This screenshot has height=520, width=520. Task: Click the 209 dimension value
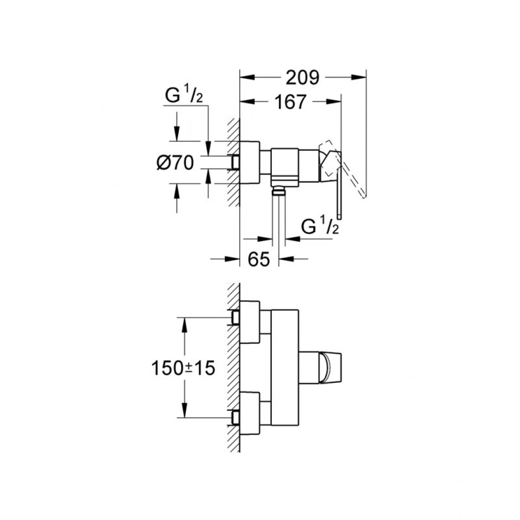pyautogui.click(x=302, y=78)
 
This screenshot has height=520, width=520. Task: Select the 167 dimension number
pyautogui.click(x=290, y=102)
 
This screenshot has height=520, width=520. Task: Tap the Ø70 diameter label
pyautogui.click(x=175, y=163)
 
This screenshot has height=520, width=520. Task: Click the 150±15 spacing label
pyautogui.click(x=183, y=368)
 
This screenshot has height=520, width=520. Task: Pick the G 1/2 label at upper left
pyautogui.click(x=184, y=94)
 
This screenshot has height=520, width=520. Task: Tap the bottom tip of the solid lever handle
pyautogui.click(x=339, y=218)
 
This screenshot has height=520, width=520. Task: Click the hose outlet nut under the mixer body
pyautogui.click(x=279, y=191)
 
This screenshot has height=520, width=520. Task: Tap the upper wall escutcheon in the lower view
pyautogui.click(x=250, y=321)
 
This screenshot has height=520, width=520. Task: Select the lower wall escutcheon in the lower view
pyautogui.click(x=250, y=413)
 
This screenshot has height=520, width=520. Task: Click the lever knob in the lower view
pyautogui.click(x=330, y=368)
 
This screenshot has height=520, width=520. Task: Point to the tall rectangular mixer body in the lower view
pyautogui.click(x=285, y=368)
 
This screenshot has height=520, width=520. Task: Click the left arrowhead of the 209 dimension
pyautogui.click(x=247, y=77)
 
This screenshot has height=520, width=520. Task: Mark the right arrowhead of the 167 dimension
pyautogui.click(x=334, y=102)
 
